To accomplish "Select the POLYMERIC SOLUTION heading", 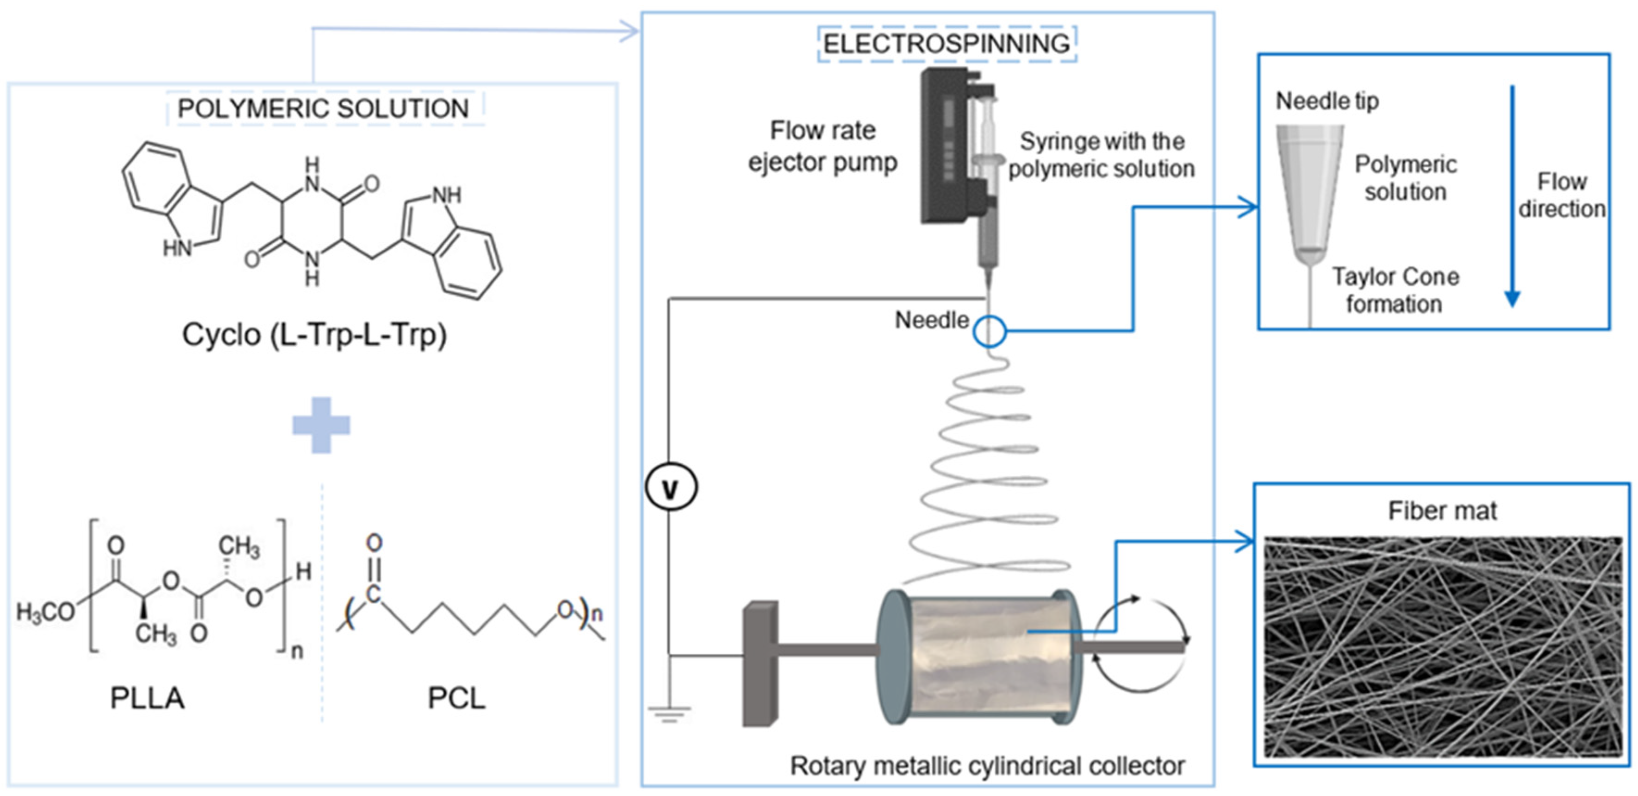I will point(323,108).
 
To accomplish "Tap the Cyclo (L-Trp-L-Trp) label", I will point(314,335).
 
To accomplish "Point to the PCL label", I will point(456,699).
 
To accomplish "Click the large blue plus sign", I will point(321,425).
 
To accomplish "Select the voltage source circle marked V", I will point(671,487).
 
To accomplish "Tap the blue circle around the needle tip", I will point(990,331).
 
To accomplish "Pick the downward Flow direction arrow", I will point(1512,197).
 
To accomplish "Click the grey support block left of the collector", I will point(760,663).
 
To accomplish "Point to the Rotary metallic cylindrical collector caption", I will point(987,765).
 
